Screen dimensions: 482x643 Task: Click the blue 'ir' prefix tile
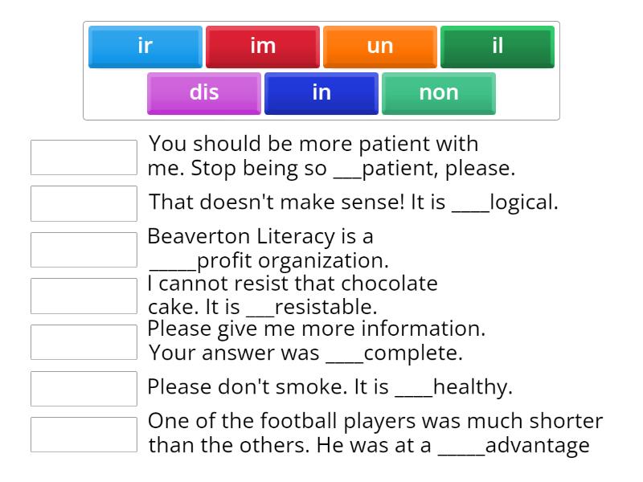145,47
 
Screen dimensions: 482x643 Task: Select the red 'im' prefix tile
262,47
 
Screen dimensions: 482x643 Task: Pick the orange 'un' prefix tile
379,47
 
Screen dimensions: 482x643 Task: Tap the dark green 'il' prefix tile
497,47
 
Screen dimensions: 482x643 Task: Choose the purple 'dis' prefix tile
203,93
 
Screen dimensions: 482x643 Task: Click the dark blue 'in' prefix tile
321,93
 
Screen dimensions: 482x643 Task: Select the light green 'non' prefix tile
438,93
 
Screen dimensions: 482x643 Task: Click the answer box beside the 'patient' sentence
84,157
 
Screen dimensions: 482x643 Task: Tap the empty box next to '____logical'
84,203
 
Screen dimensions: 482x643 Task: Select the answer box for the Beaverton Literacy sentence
84,250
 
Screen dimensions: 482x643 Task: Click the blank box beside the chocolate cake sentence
84,296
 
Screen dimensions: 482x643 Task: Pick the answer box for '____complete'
84,342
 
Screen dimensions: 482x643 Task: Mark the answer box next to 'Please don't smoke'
84,388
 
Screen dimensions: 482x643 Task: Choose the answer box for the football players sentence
84,435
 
